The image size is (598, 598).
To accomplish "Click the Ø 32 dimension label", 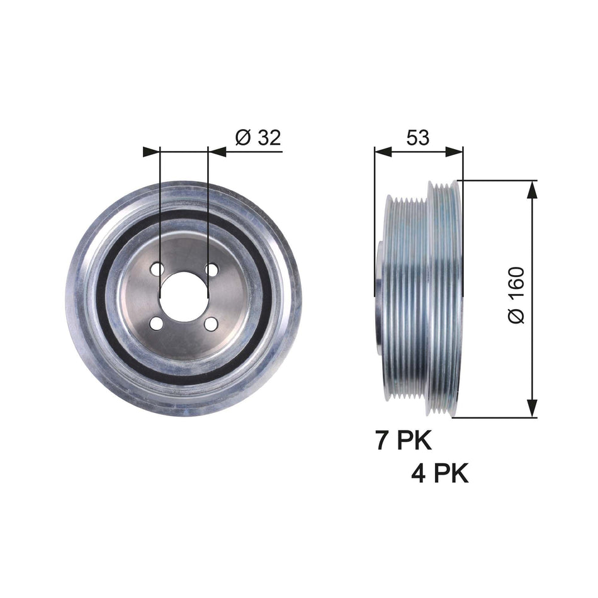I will point(257,138).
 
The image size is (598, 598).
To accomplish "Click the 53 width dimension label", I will point(417,137).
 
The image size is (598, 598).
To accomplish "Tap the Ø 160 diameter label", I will point(516,296).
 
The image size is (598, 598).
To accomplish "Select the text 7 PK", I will point(403,441).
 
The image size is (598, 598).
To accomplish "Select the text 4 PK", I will point(440,473).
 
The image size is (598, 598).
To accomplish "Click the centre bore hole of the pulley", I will point(184,295).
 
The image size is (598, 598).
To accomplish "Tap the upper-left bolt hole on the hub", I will point(157,269).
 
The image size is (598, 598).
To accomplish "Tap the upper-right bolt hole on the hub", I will point(212,269).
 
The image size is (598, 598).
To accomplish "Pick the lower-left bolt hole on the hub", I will point(157,323).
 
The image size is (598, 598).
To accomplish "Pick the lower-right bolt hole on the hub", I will point(212,323).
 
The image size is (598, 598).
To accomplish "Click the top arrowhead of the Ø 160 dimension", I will point(533,189).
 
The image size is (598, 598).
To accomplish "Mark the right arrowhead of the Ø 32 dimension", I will point(217,151).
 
